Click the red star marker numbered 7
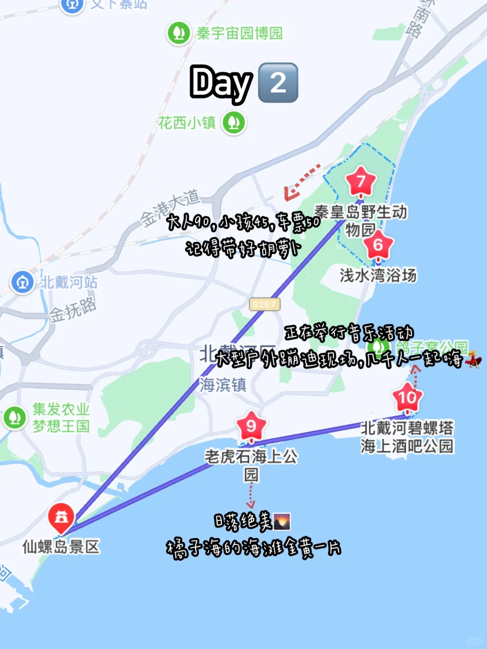(x=361, y=181)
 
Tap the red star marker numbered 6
(x=378, y=245)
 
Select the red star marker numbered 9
(x=251, y=426)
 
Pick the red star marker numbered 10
(x=407, y=398)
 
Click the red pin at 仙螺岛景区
(x=61, y=517)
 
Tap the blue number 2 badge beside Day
(x=278, y=83)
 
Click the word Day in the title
(x=221, y=83)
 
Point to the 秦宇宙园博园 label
(x=239, y=33)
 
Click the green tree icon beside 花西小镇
(x=234, y=122)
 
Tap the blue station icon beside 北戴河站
(x=23, y=283)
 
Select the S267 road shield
(x=264, y=304)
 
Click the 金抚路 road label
(x=73, y=311)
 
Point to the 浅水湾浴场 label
(x=378, y=275)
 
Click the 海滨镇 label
(x=223, y=385)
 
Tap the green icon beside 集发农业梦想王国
(x=14, y=417)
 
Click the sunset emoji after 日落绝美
(x=282, y=521)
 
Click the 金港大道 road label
(x=170, y=207)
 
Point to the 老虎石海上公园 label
(x=251, y=464)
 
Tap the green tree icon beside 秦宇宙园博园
(x=179, y=33)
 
